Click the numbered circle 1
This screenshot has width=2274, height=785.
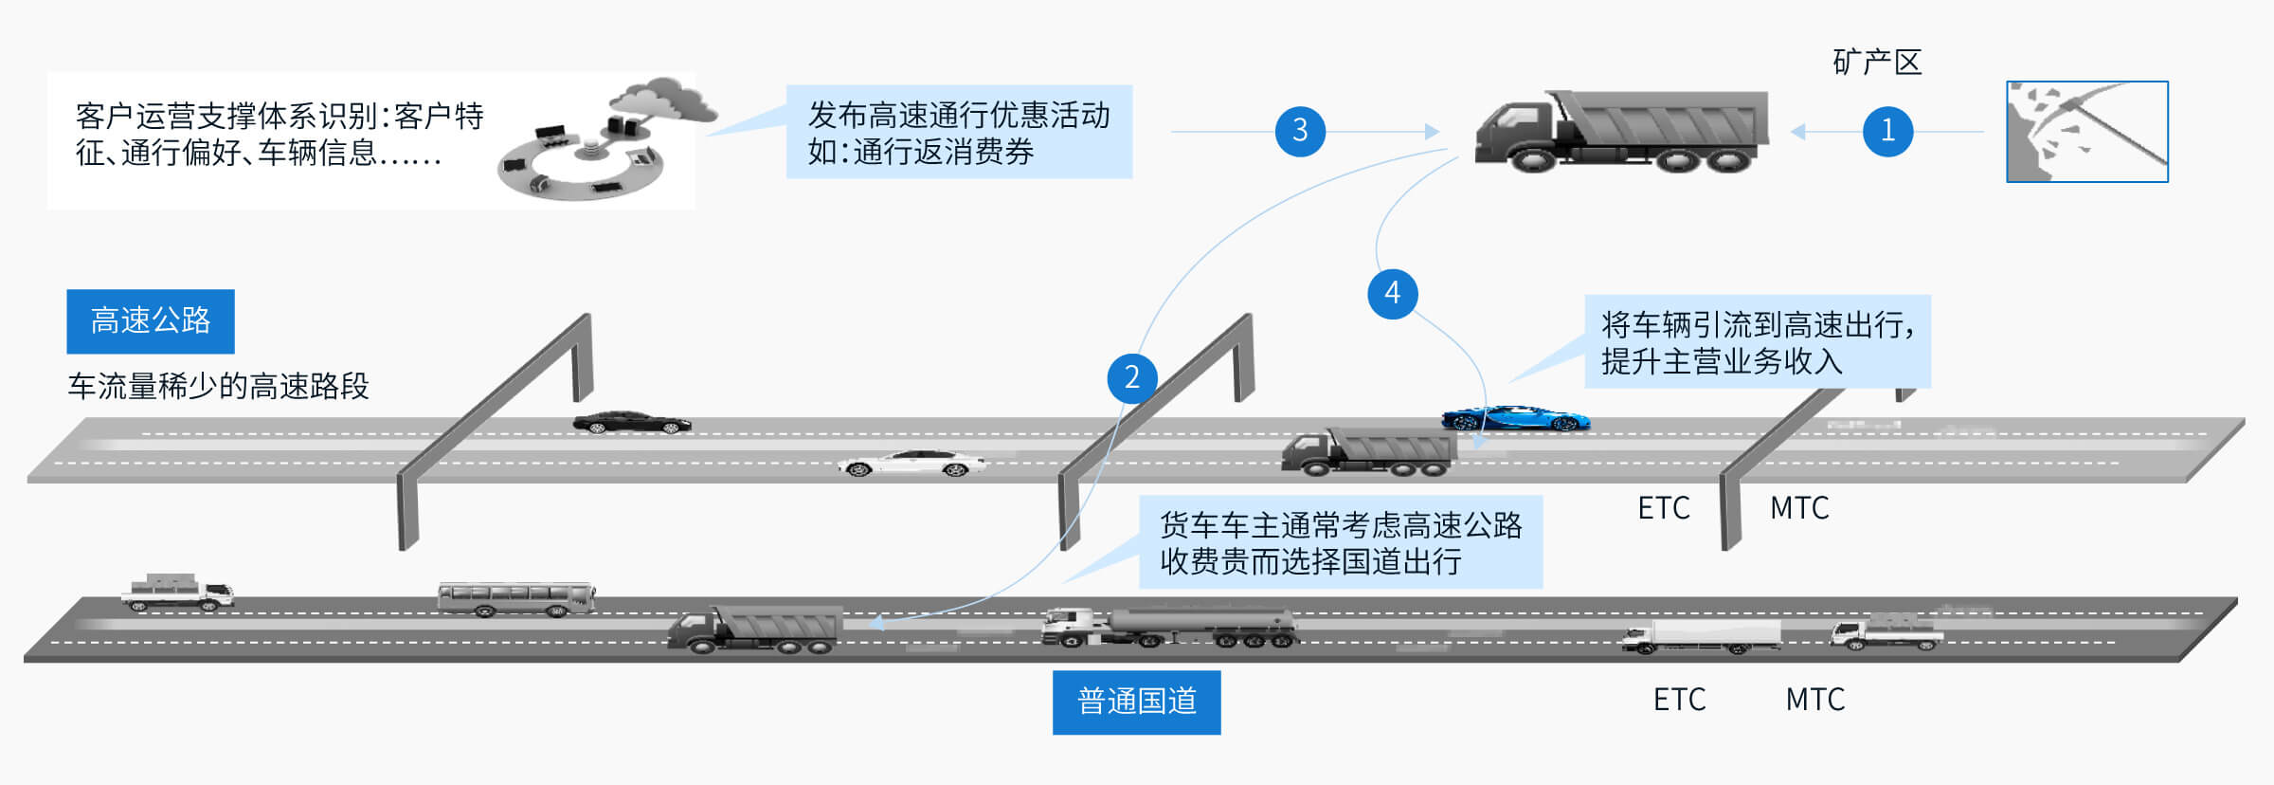click(x=1886, y=131)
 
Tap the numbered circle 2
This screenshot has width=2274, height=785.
click(x=1131, y=377)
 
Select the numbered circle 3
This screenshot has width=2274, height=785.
click(x=1300, y=131)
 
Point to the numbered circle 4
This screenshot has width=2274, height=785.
click(x=1392, y=293)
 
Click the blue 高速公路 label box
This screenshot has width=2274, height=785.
click(x=151, y=321)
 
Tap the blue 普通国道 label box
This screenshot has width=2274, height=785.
click(x=1136, y=703)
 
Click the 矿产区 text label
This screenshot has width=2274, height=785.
click(x=1876, y=63)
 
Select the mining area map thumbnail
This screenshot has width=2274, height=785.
click(x=2086, y=132)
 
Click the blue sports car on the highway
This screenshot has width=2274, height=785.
click(x=1515, y=418)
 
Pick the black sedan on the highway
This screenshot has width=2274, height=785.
click(x=631, y=423)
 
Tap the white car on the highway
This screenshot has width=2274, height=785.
click(x=911, y=464)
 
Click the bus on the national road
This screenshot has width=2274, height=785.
click(x=515, y=598)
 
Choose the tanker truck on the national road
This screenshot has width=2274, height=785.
click(x=1169, y=628)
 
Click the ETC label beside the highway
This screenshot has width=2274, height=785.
click(x=1663, y=508)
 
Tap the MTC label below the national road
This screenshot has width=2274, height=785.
click(x=1814, y=700)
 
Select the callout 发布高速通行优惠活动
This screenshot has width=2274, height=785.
click(x=959, y=132)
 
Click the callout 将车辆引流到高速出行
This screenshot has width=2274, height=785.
click(x=1757, y=342)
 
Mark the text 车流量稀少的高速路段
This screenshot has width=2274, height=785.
click(x=218, y=387)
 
